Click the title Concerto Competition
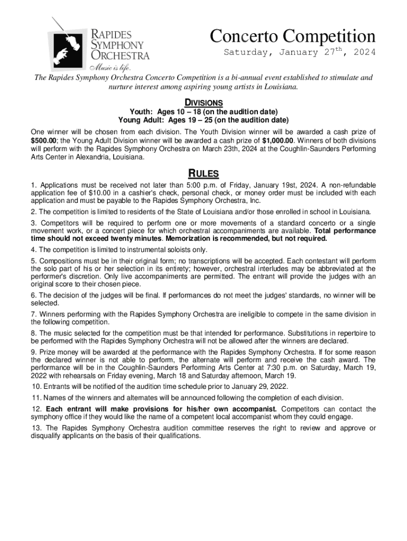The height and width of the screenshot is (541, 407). [292, 36]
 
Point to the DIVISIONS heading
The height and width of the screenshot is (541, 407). [203, 102]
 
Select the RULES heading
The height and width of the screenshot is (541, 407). [203, 174]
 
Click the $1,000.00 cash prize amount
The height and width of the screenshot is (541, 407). [279, 141]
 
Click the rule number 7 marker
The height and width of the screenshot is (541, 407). [33, 314]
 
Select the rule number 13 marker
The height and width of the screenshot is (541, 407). [35, 428]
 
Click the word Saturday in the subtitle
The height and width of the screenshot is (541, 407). [248, 53]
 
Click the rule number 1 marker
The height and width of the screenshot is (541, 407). [33, 185]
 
